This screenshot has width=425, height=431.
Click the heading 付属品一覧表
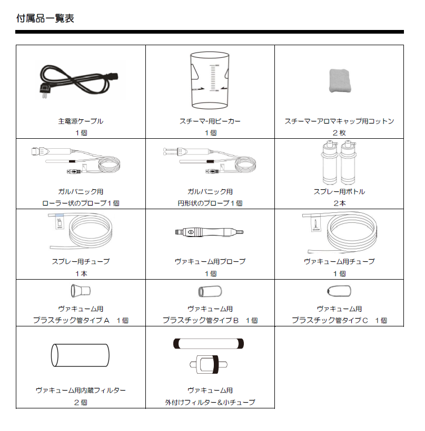pyautogui.click(x=45, y=18)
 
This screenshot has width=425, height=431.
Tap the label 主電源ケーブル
pyautogui.click(x=81, y=121)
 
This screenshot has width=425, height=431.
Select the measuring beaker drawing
pyautogui.click(x=210, y=79)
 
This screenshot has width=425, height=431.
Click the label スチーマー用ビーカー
pyautogui.click(x=210, y=121)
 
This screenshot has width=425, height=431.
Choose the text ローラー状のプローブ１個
pyautogui.click(x=81, y=203)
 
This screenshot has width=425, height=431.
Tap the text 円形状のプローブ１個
pyautogui.click(x=210, y=203)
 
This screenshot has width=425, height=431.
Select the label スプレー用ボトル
pyautogui.click(x=339, y=191)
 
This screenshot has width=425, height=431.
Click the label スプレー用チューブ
pyautogui.click(x=81, y=261)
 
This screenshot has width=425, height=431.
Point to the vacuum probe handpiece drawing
pyautogui.click(x=210, y=232)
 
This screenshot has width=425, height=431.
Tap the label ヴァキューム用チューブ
pyautogui.click(x=339, y=261)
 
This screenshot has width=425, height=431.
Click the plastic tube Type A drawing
pyautogui.click(x=81, y=290)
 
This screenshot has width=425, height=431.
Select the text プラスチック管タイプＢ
pyautogui.click(x=201, y=320)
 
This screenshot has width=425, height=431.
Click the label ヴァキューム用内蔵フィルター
pyautogui.click(x=81, y=390)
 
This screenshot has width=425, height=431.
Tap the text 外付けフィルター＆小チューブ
pyautogui.click(x=210, y=402)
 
